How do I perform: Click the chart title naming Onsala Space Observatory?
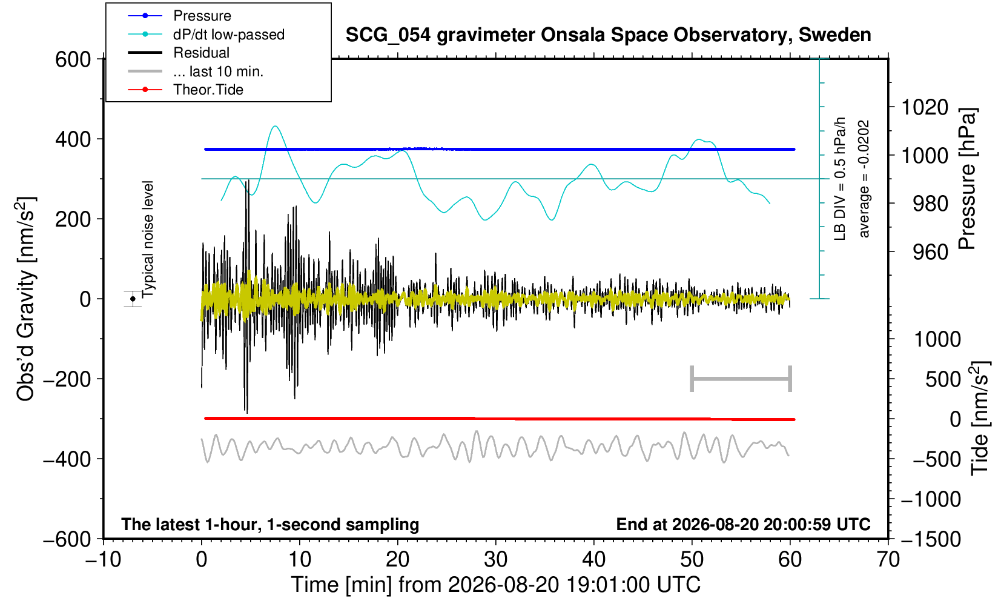pos(608,35)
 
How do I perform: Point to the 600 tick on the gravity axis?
pos(73,59)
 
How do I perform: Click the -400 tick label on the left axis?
pos(67,459)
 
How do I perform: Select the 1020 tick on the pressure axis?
pos(925,107)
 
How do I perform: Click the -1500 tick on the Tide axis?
pos(930,539)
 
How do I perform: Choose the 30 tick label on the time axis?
pos(495,560)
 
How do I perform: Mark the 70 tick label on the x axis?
pos(888,560)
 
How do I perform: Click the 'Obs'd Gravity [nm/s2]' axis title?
pos(25,299)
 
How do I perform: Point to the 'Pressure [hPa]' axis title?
pos(967,179)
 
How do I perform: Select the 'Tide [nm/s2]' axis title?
pos(979,419)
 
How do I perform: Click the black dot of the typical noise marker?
pos(133,299)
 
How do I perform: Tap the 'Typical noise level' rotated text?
pos(148,239)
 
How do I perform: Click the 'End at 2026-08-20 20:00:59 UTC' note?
pos(743,524)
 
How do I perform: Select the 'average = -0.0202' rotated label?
pos(864,179)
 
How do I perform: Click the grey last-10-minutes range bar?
pos(741,379)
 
